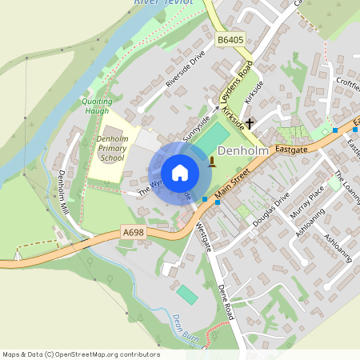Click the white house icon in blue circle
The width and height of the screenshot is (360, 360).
pyautogui.click(x=180, y=173)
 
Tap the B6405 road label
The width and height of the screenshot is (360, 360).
pyautogui.click(x=230, y=38)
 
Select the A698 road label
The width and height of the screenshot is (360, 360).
pyautogui.click(x=134, y=232)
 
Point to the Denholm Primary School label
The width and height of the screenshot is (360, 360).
pyautogui.click(x=110, y=148)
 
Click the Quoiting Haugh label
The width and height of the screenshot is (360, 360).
pyautogui.click(x=100, y=106)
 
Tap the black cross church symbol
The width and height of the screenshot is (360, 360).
pyautogui.click(x=250, y=123)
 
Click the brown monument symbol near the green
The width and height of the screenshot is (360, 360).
pyautogui.click(x=212, y=162)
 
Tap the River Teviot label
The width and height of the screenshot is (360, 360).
pyautogui.click(x=164, y=3)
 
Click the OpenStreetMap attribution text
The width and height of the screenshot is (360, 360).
pyautogui.click(x=81, y=354)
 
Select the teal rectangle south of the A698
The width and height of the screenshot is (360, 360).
pyautogui.click(x=186, y=294)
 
